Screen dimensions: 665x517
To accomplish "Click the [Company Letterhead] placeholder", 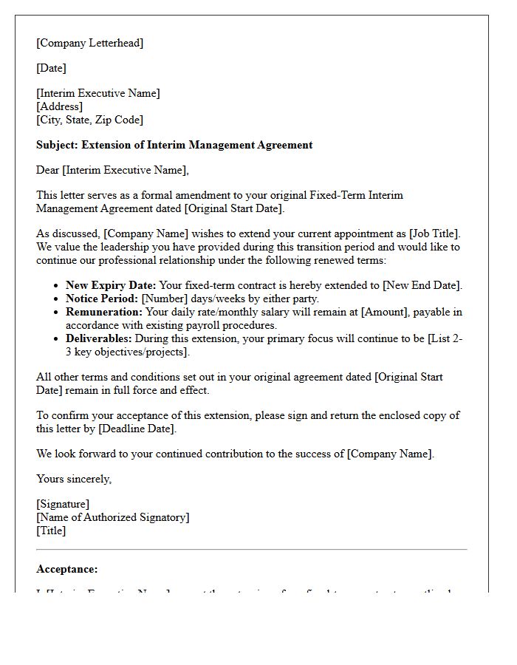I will click(90, 43).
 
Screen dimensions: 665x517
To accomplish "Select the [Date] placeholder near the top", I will click(51, 68).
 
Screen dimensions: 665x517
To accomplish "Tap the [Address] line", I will click(60, 106).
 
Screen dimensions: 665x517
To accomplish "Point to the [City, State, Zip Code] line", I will click(89, 120).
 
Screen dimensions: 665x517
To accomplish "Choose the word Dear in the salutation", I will click(48, 170).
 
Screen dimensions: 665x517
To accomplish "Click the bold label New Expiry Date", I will click(111, 285).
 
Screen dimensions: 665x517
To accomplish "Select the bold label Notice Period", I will click(101, 299).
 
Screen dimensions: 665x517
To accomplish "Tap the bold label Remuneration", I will click(103, 312).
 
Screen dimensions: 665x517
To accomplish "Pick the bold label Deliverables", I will click(99, 338).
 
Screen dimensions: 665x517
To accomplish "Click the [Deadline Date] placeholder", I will click(137, 429).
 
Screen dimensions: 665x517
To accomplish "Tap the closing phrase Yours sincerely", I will click(74, 479).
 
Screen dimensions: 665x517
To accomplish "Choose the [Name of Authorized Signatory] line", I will click(113, 517).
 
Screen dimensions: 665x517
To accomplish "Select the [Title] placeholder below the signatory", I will click(51, 531).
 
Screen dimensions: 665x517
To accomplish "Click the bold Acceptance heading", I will click(66, 569).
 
